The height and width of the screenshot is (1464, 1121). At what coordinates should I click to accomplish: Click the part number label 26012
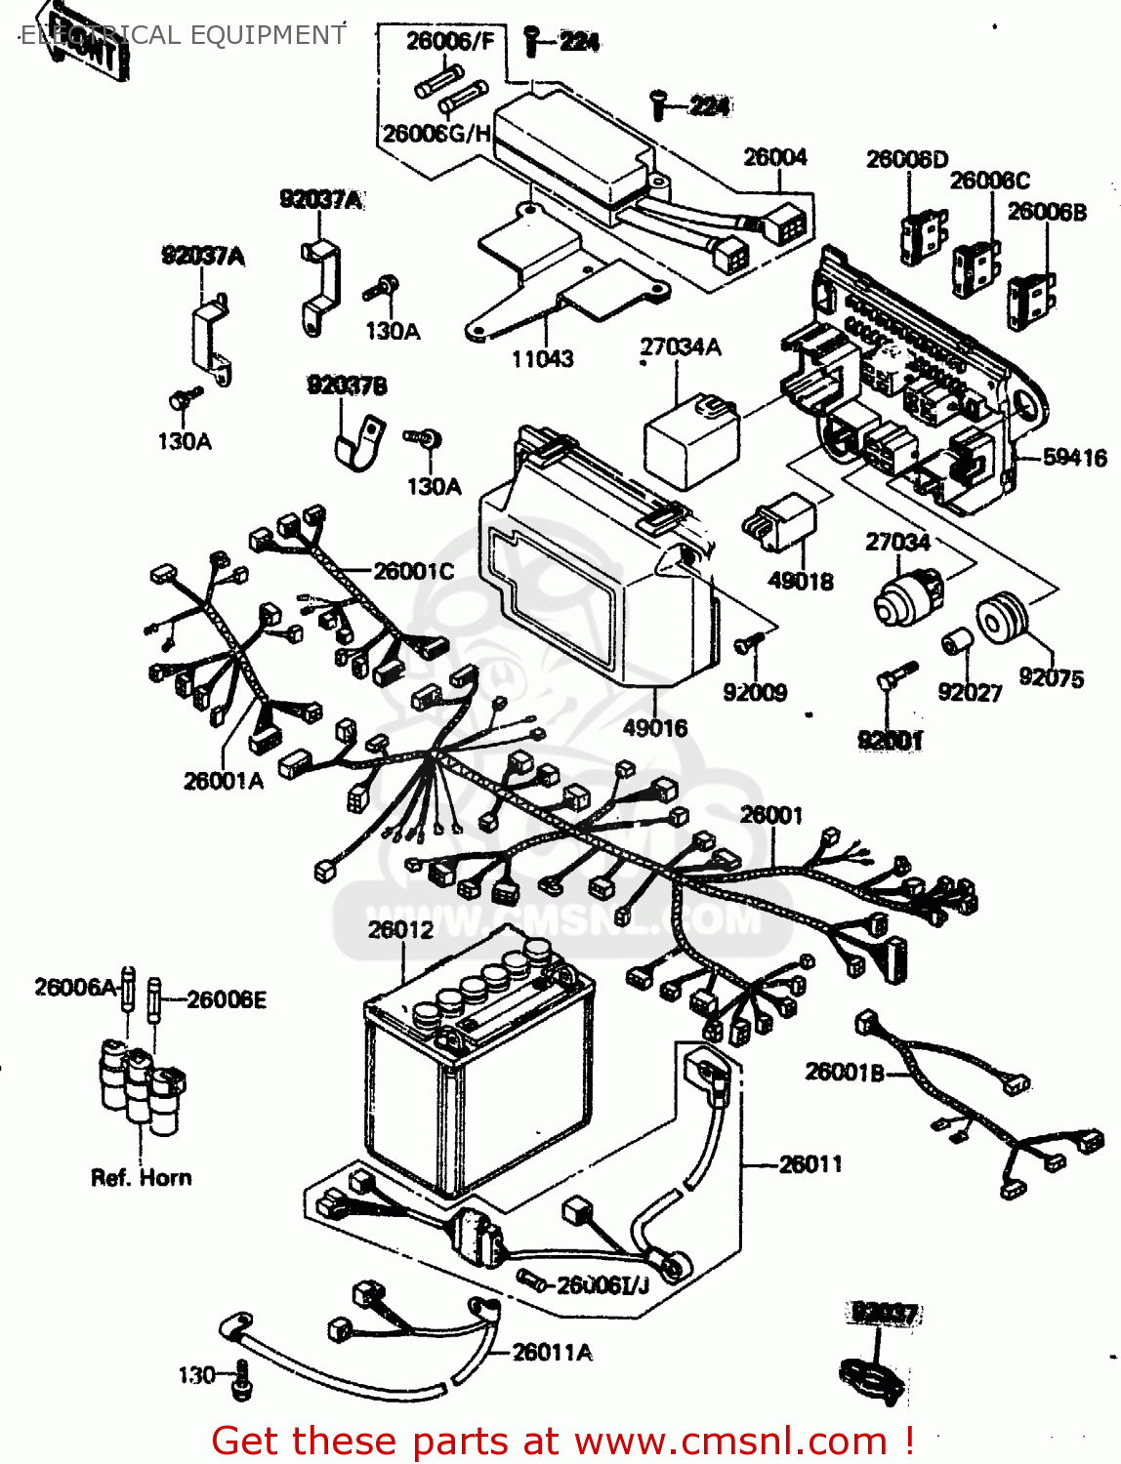coord(400,929)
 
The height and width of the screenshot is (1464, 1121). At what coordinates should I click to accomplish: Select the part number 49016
coord(654,727)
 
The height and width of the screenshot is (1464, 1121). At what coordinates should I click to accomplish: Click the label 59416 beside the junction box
coord(1074,457)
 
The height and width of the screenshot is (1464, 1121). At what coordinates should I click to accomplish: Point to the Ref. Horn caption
coord(141,1177)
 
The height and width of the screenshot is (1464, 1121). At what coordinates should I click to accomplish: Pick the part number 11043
coord(542,358)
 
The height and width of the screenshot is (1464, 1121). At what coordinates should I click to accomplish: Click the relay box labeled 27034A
coord(691,439)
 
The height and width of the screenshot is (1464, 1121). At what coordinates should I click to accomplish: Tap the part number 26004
coord(775,157)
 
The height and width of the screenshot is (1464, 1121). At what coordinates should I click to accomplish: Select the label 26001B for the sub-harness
coord(844,1072)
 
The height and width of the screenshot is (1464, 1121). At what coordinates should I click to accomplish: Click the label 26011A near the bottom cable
coord(552,1352)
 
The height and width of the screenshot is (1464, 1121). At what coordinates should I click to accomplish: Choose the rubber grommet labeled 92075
coord(1002,619)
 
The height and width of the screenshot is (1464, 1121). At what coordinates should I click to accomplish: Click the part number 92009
coord(755,692)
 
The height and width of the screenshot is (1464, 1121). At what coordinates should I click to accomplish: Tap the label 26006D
coord(906,159)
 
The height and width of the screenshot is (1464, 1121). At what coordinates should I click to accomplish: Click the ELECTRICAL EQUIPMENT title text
coord(183,35)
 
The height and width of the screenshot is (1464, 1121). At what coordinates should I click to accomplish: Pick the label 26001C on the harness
coord(413,570)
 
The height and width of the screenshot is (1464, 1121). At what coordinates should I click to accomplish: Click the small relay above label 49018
coord(781,524)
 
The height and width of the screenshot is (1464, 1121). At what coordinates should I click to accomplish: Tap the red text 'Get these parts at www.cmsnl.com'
coord(562,1441)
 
